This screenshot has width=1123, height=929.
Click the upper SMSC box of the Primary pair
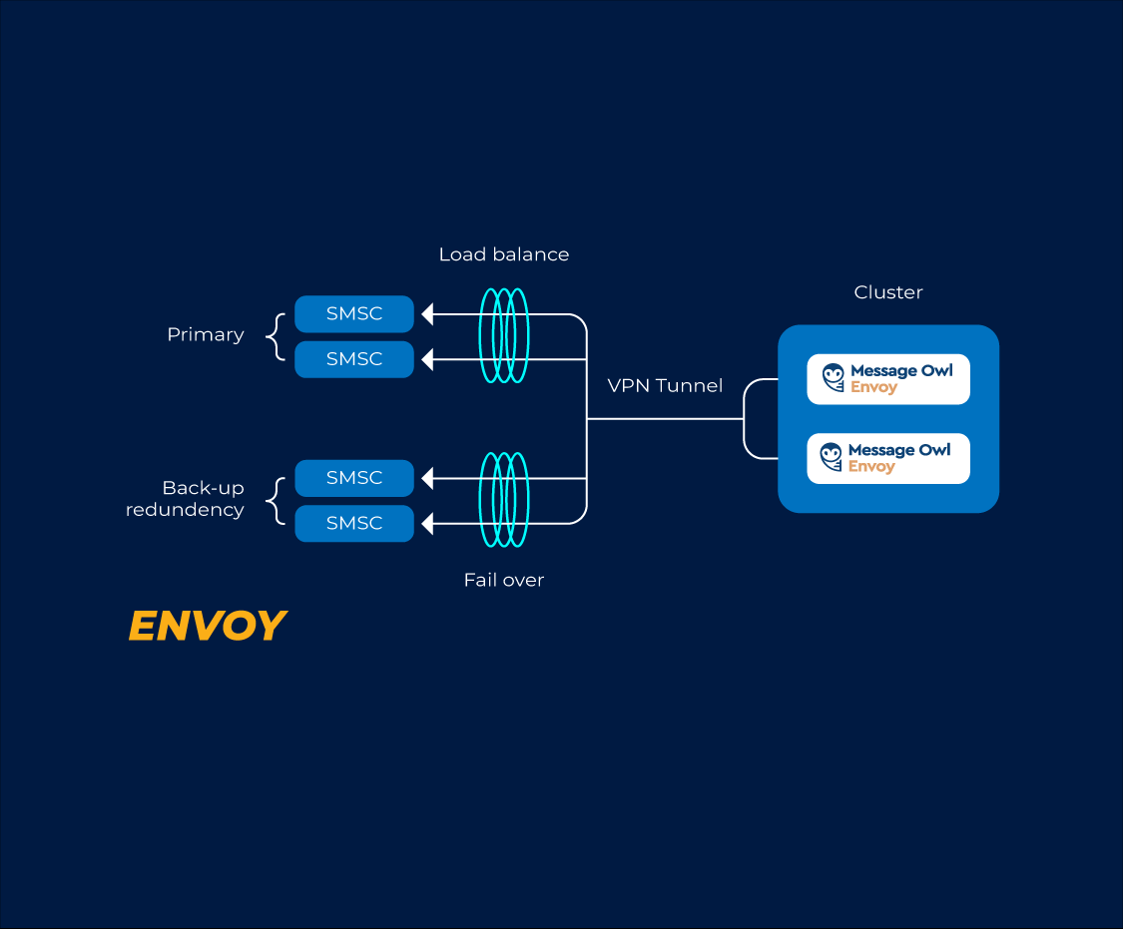(x=354, y=314)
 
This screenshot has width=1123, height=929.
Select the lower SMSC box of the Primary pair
(x=354, y=359)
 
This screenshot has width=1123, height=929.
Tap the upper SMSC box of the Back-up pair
(x=354, y=478)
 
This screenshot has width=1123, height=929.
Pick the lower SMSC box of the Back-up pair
(x=354, y=523)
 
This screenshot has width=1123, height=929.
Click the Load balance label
(x=504, y=254)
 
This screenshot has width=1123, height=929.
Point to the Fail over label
(x=504, y=580)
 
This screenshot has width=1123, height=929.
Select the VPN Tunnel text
(x=665, y=385)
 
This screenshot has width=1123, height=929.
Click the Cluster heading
(x=888, y=292)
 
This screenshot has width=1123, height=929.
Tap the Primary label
(x=206, y=335)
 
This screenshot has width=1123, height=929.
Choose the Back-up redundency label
(x=186, y=499)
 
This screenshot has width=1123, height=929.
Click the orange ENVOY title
(x=208, y=626)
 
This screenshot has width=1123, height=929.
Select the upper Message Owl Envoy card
(x=888, y=379)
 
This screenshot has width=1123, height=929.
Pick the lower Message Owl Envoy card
(x=888, y=458)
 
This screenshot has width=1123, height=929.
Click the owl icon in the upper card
(x=833, y=377)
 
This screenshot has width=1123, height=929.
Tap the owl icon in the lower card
(x=831, y=457)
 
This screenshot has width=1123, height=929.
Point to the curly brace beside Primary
(x=277, y=336)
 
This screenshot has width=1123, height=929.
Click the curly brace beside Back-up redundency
(x=277, y=500)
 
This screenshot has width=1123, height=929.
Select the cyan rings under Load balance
(x=504, y=335)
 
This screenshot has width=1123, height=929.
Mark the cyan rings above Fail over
(x=504, y=499)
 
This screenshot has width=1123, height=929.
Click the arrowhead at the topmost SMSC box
(x=427, y=314)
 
